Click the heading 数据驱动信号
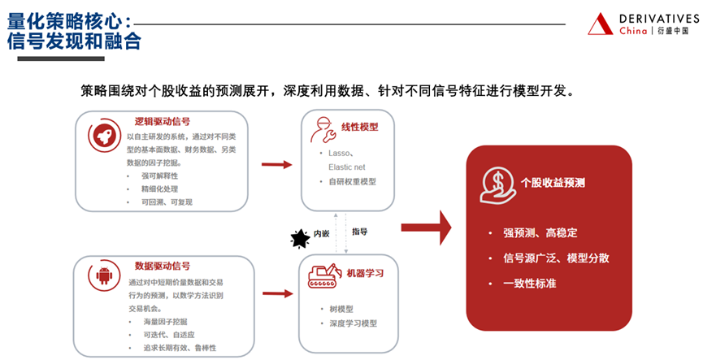pos(163,266)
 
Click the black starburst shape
pos(301,237)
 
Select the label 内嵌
pos(322,234)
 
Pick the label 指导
pos(359,232)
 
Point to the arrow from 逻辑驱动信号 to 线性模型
pos(276,165)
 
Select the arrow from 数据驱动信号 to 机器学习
pos(276,288)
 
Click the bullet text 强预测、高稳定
pos(540,233)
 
